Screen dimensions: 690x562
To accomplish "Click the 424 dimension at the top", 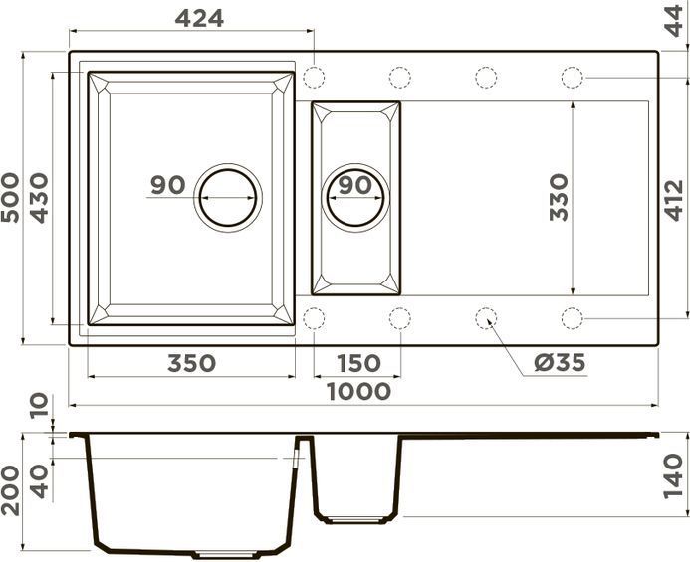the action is [199, 19].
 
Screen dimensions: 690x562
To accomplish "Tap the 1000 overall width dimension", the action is [358, 392].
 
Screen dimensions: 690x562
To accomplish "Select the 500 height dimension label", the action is [11, 198].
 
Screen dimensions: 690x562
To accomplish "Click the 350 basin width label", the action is [191, 364].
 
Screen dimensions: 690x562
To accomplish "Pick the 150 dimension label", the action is [358, 364].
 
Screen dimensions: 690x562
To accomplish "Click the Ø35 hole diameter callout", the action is [560, 363].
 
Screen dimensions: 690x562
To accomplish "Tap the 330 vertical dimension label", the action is [559, 198].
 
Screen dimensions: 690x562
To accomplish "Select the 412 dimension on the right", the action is [674, 200].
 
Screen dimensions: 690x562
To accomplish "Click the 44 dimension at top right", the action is [674, 21].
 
